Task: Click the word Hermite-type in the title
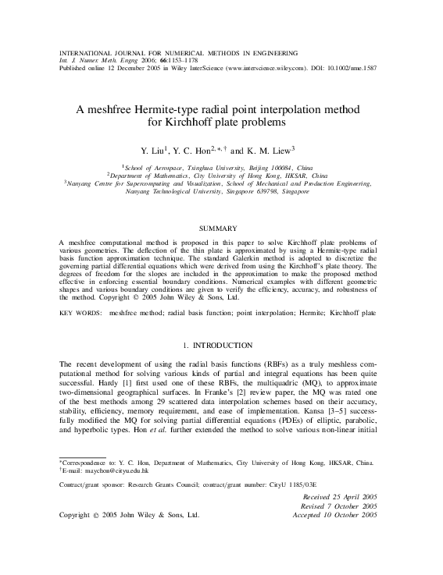(188, 109)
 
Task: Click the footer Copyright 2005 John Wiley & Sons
(130, 515)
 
